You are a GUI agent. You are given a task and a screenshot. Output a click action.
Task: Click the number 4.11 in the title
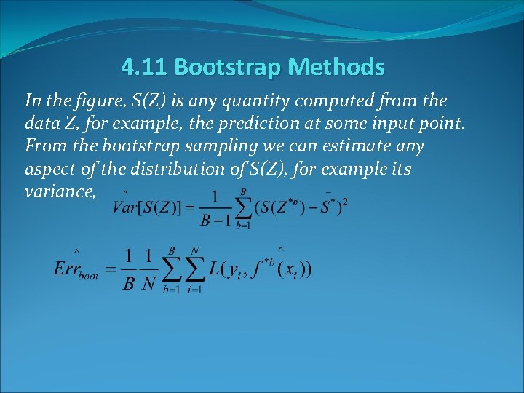point(145,68)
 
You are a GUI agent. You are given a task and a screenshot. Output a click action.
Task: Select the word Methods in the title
point(336,68)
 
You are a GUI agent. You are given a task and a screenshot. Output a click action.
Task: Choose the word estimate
point(354,146)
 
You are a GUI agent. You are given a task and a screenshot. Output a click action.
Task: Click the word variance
point(57,192)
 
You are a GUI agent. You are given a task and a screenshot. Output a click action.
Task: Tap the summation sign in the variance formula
point(243,208)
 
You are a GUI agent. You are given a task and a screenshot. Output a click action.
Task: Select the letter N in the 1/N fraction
point(149,283)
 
